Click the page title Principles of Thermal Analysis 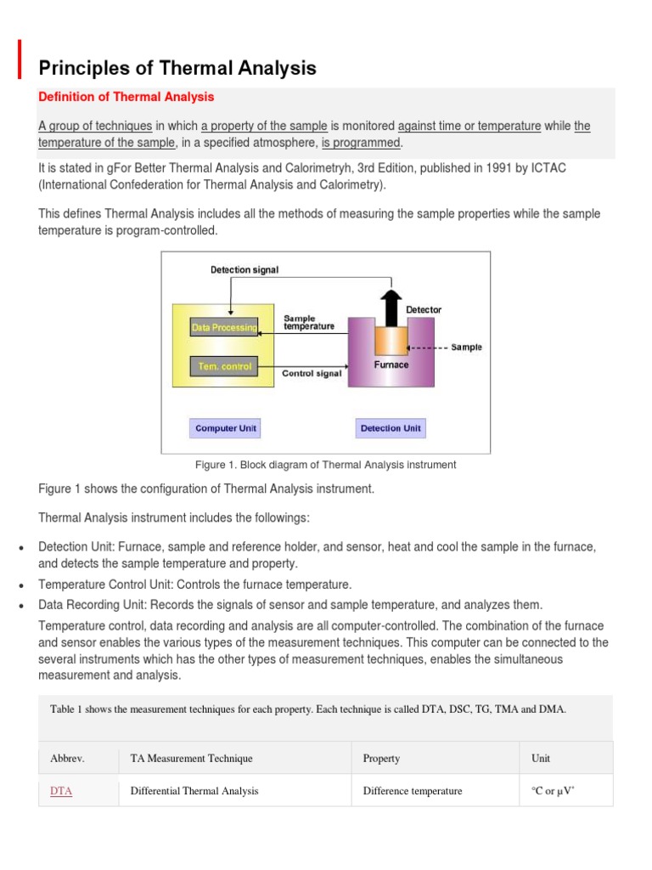[177, 68]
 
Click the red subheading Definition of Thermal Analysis [126, 97]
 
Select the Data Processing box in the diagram [223, 327]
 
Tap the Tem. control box [223, 366]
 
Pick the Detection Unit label [391, 428]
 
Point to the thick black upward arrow [391, 307]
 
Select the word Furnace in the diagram [391, 365]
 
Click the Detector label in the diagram [424, 310]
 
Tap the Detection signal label [244, 270]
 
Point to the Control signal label [312, 373]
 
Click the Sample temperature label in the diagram [308, 322]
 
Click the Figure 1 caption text [325, 465]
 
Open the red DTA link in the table [61, 791]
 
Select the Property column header [381, 758]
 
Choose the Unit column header [540, 758]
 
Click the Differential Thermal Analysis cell [194, 791]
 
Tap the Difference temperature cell [412, 791]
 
